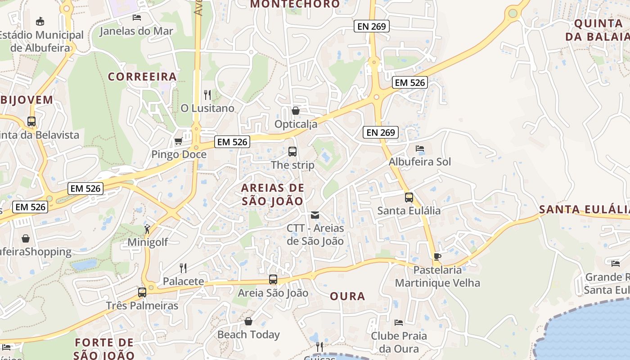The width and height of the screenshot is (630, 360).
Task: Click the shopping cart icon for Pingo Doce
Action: (178, 141)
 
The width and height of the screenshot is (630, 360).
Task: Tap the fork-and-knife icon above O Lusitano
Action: (207, 94)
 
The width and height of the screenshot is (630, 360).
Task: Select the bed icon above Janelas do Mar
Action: (137, 18)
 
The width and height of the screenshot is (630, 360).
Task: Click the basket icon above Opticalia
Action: (296, 110)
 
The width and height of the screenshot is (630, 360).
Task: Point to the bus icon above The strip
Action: (292, 152)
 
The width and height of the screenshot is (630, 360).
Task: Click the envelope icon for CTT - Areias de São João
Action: (315, 215)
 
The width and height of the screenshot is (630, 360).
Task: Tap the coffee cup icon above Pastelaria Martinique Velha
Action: (437, 256)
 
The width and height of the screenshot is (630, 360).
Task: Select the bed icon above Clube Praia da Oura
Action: (399, 322)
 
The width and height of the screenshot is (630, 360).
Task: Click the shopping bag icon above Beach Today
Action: (248, 321)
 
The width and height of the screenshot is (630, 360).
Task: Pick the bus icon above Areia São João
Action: (273, 279)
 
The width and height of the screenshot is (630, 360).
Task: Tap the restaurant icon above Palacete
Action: (183, 268)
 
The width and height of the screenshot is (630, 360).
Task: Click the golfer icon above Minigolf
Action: (148, 229)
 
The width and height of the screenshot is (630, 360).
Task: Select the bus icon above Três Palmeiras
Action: (142, 292)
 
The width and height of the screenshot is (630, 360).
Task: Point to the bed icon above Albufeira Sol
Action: (420, 148)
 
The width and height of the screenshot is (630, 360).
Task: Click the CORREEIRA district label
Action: (142, 76)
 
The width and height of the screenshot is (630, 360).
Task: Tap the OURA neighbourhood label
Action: (347, 296)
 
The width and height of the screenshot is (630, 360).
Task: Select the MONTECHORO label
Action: (295, 4)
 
